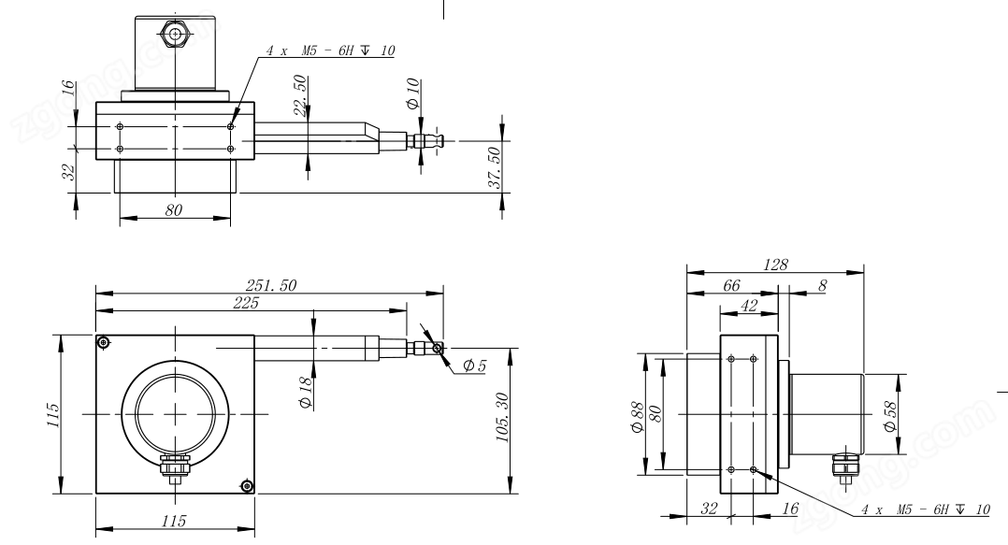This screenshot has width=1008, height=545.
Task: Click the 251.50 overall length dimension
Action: tap(270, 285)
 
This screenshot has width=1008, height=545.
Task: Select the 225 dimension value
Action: tap(246, 303)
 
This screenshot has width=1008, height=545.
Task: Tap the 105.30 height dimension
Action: tap(503, 418)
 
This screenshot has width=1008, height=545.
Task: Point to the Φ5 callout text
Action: tap(474, 366)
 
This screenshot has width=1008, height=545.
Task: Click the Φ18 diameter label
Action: tap(306, 393)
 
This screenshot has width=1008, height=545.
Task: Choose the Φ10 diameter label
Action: tap(412, 93)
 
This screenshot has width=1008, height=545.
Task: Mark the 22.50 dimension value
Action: tap(300, 95)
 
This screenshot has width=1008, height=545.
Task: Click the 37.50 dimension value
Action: tap(494, 167)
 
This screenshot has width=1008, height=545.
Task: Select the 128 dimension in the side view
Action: tap(775, 265)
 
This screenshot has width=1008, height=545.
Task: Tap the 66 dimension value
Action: tap(731, 285)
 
